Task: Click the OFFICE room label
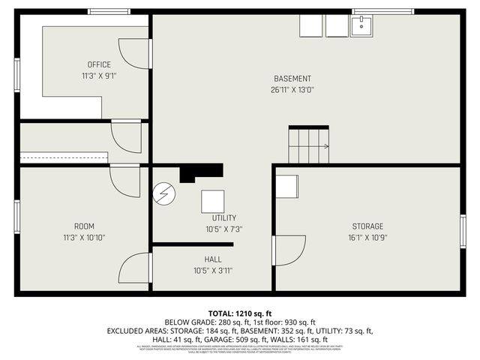99,64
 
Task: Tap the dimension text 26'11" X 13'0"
292,89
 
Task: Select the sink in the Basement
361,26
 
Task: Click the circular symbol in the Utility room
163,194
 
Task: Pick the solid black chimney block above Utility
201,172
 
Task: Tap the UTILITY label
223,217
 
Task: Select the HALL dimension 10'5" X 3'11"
213,271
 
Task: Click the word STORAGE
367,226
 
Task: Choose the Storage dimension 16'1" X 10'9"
367,238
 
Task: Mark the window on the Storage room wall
463,231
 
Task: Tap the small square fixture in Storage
286,186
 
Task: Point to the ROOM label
84,226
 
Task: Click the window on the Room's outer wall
16,217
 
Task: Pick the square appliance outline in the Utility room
212,200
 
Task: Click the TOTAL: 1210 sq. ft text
240,313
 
